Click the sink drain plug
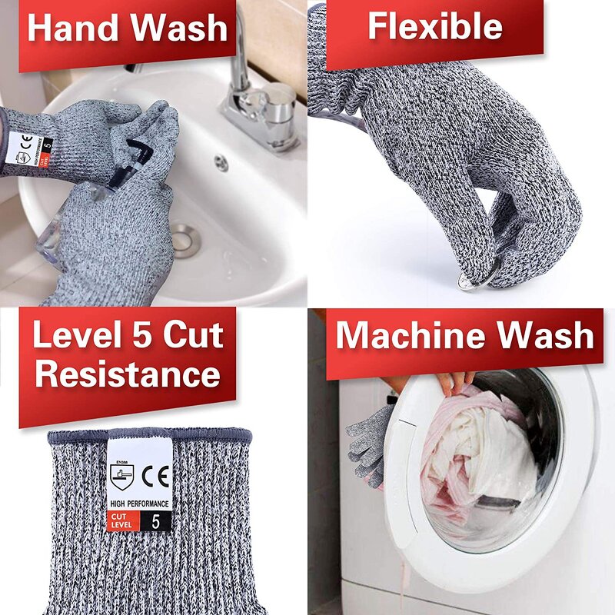[184, 239]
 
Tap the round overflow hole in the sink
[221, 162]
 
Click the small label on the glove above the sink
[32, 146]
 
